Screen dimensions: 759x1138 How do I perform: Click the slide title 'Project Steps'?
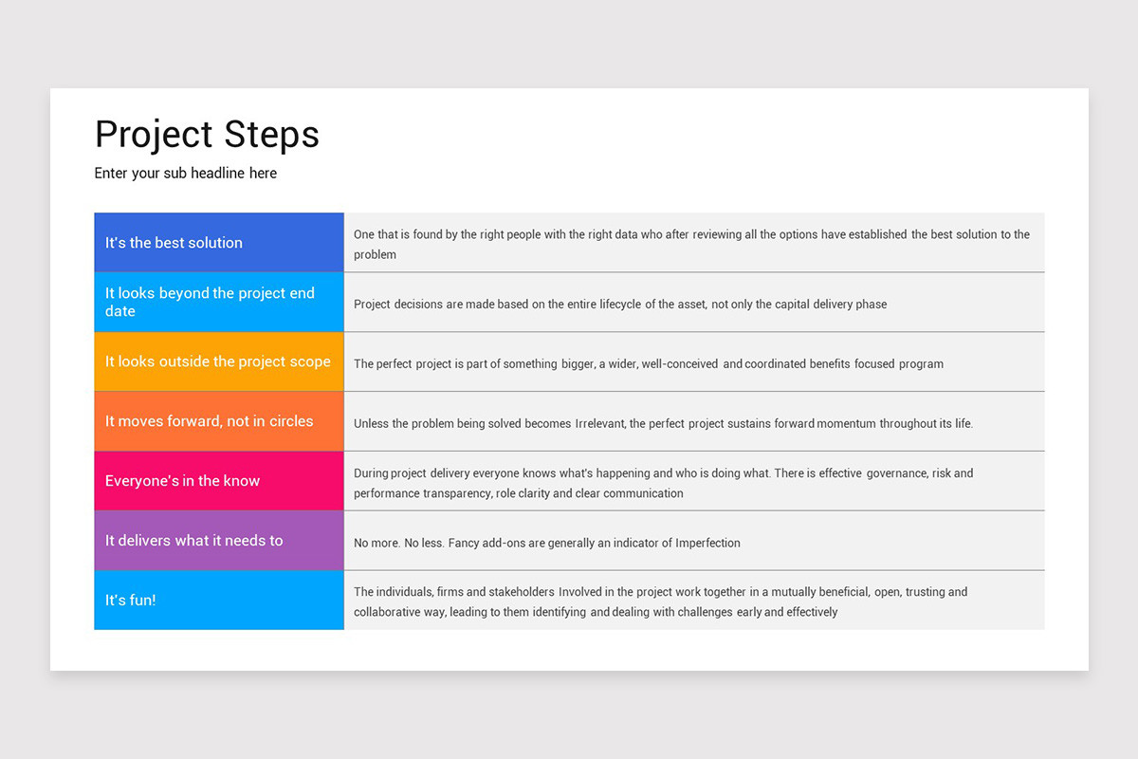[207, 135]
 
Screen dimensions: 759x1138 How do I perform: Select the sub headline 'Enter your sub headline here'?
[186, 174]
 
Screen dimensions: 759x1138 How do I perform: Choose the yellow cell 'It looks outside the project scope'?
[218, 361]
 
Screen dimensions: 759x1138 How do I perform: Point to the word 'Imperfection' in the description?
[707, 544]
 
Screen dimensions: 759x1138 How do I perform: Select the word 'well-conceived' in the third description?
[680, 364]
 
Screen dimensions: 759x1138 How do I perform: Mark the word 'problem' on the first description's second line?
[375, 255]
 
